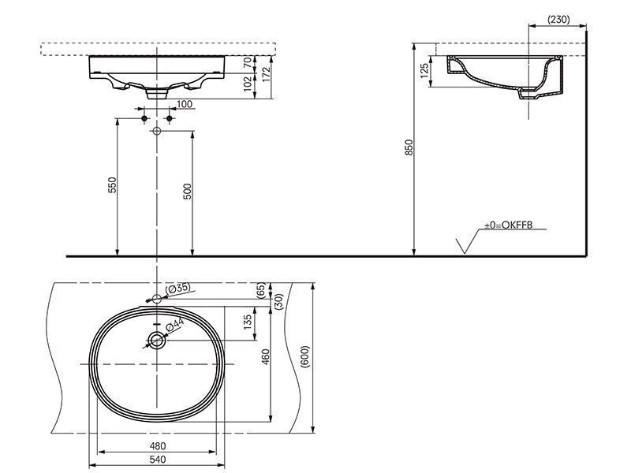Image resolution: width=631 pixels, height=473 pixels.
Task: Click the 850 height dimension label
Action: click(409, 147)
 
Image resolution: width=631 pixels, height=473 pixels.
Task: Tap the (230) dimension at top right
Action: click(558, 19)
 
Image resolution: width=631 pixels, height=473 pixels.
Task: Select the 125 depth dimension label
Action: click(424, 71)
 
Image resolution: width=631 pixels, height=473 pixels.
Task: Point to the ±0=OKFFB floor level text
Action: click(508, 225)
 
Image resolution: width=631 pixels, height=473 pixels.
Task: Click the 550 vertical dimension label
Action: click(112, 185)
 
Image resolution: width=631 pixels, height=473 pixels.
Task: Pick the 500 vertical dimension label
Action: click(187, 192)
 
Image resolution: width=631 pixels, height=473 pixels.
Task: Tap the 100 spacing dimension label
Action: click(185, 104)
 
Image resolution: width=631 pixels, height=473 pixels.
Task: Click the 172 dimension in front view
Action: click(266, 74)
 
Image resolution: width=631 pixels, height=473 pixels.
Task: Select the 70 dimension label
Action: click(248, 62)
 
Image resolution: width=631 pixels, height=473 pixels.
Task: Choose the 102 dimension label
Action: click(248, 84)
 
